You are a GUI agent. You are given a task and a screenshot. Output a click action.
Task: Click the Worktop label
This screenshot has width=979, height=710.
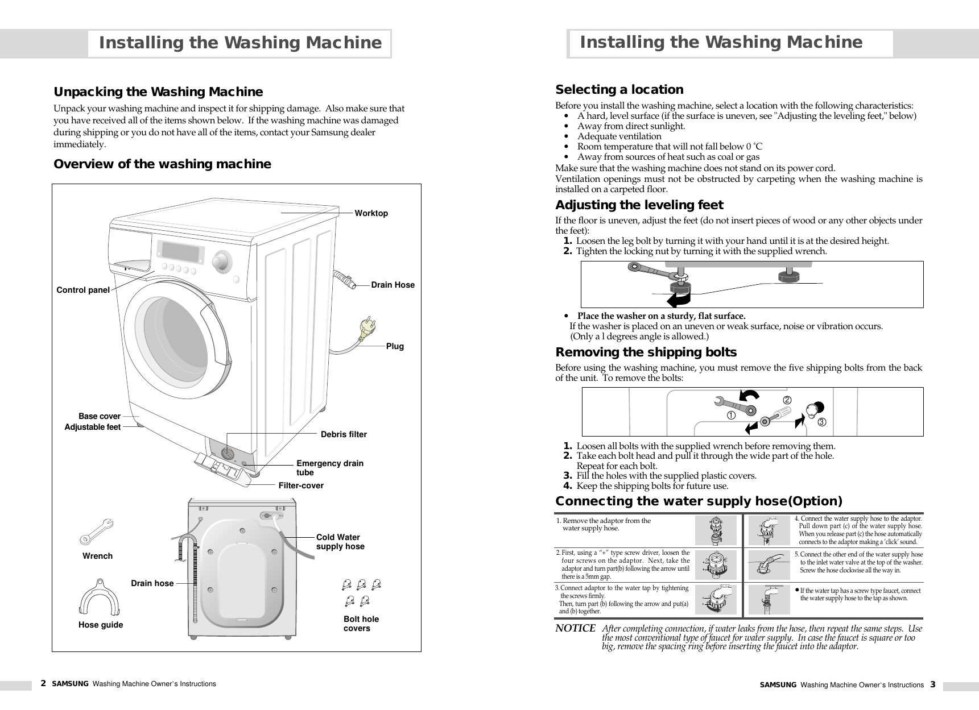pyautogui.click(x=371, y=213)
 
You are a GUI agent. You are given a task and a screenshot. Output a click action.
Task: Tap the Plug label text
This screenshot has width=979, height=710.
pyautogui.click(x=395, y=346)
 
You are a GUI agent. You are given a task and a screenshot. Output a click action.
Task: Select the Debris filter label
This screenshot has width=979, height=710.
pyautogui.click(x=344, y=434)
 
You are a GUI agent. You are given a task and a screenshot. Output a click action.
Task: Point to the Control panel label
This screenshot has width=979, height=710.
pyautogui.click(x=83, y=290)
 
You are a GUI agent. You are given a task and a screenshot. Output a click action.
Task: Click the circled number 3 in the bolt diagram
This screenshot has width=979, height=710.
pyautogui.click(x=821, y=422)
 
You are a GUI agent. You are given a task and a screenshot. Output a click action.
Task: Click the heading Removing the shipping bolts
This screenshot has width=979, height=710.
pyautogui.click(x=646, y=352)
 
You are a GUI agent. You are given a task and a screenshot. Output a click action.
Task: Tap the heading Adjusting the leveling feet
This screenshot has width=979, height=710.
pyautogui.click(x=639, y=205)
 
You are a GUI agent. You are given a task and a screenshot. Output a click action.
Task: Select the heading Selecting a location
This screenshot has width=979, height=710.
pyautogui.click(x=619, y=90)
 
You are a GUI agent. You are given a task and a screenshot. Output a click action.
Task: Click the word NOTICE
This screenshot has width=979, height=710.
pyautogui.click(x=575, y=628)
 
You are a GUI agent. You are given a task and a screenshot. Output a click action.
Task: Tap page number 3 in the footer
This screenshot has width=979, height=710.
pyautogui.click(x=932, y=684)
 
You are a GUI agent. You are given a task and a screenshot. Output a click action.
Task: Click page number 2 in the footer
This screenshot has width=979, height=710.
pyautogui.click(x=43, y=683)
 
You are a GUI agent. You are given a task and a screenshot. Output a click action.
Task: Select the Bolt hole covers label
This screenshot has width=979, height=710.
pyautogui.click(x=361, y=624)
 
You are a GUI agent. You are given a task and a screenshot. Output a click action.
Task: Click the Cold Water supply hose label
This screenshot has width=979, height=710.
pyautogui.click(x=340, y=542)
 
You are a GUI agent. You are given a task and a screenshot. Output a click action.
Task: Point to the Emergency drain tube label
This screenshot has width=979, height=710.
pyautogui.click(x=329, y=468)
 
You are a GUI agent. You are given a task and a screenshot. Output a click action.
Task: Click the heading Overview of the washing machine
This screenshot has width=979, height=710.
pyautogui.click(x=162, y=164)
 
